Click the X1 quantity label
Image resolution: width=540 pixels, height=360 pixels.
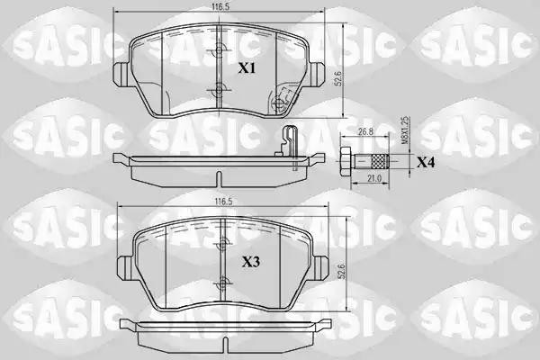(x=247, y=67)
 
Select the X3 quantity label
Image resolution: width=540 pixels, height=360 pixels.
(x=252, y=263)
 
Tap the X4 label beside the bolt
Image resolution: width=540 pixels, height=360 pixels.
(x=426, y=163)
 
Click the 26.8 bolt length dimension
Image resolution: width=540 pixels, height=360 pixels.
(x=365, y=131)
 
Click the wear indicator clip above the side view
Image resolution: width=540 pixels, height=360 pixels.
(x=286, y=140)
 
